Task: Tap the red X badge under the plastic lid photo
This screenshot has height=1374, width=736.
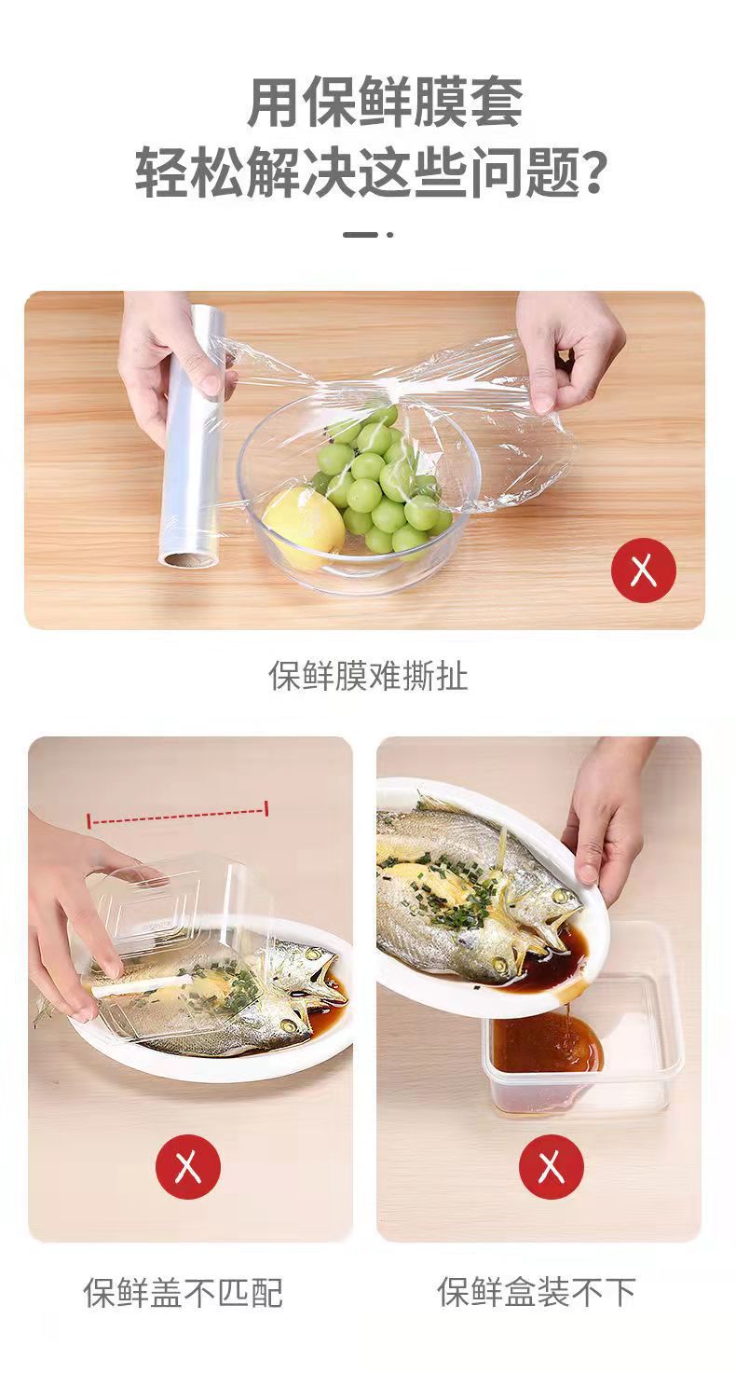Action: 188,1166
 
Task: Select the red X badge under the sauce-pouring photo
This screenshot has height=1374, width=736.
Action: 552,1166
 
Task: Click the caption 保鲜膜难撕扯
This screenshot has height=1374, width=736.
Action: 368,676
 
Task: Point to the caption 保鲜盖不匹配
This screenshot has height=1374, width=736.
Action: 183,1292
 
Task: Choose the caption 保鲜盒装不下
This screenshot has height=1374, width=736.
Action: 537,1291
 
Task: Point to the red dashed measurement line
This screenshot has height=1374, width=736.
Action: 178,814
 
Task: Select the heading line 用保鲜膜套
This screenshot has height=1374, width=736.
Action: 385,103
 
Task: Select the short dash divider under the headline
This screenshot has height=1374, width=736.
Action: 367,234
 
